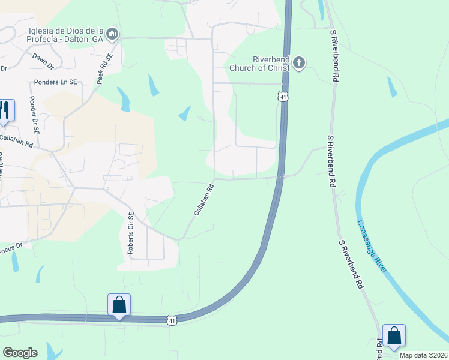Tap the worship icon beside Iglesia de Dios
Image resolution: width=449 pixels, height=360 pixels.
click(x=112, y=36)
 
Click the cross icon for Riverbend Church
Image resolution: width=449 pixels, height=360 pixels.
click(x=299, y=63)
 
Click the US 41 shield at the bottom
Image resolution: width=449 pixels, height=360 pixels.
click(x=172, y=321)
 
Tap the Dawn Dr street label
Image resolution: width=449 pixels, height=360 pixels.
click(x=43, y=59)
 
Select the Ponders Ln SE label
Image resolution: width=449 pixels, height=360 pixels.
click(x=56, y=82)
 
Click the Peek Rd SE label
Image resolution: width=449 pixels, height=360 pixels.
click(x=106, y=69)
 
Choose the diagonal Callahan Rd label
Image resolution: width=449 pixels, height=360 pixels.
click(x=203, y=200)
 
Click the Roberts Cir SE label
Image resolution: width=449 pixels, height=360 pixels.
click(x=131, y=234)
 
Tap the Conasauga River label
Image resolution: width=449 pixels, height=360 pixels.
click(x=373, y=246)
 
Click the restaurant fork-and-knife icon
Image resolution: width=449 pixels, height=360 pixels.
click(x=5, y=110)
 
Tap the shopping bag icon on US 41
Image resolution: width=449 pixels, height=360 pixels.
click(x=119, y=305)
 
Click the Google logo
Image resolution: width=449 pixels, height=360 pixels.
click(x=20, y=353)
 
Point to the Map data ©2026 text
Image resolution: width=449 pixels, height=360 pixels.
click(x=424, y=355)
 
